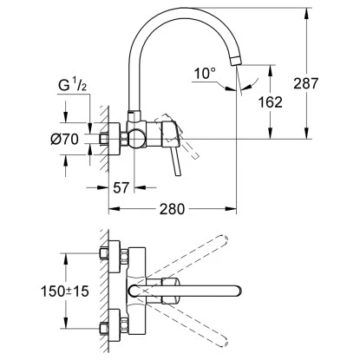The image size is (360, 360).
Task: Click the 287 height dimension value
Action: pos(331,84)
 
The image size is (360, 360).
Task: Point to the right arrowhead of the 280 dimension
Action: pos(234,207)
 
